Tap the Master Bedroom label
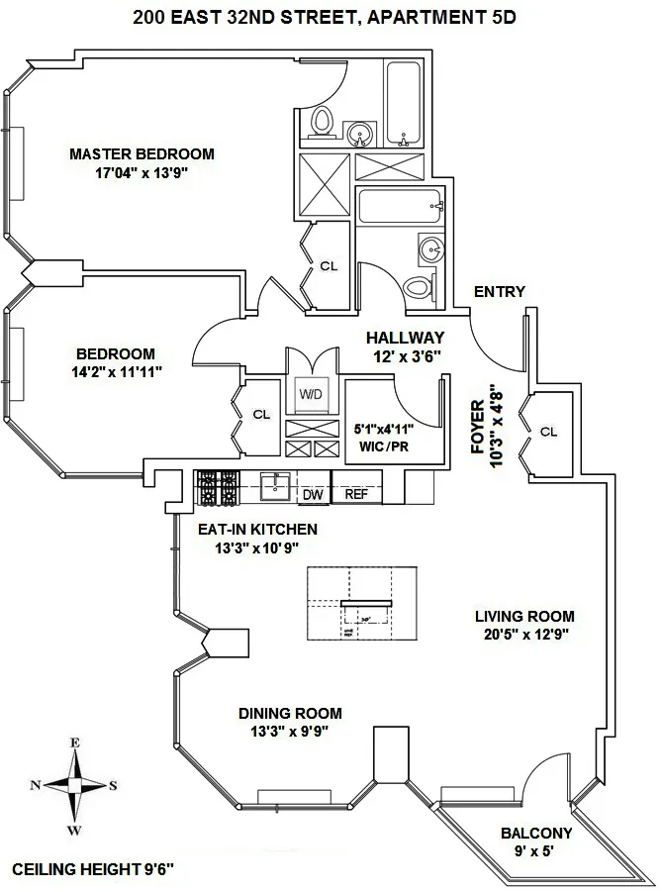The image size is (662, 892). coord(142,154)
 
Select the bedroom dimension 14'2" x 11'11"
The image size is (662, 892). coord(117,371)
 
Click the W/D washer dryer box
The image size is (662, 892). coord(311,395)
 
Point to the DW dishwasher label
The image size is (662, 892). coord(313,494)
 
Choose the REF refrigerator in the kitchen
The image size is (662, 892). coord(356,494)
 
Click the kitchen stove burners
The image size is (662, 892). coord(218,486)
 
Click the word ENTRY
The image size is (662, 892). coord(500,291)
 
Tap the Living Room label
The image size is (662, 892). coord(524,616)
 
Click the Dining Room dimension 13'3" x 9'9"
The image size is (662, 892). coord(290,731)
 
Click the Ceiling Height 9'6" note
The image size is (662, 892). coord(94,870)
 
